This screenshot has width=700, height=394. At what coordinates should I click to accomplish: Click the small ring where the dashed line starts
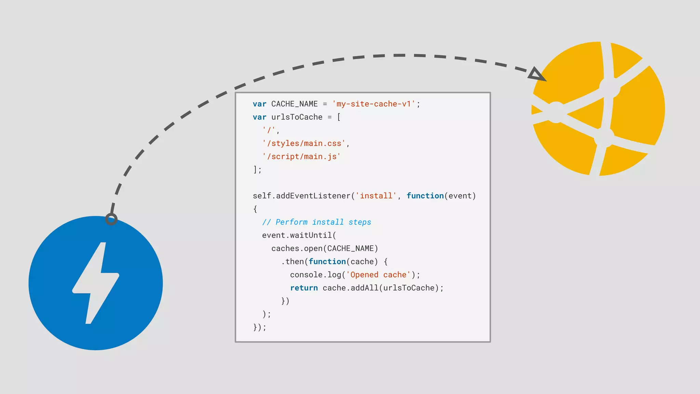[111, 219]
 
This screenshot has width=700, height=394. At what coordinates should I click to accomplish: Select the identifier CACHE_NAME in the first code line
[294, 104]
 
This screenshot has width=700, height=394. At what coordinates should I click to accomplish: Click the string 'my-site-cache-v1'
[374, 104]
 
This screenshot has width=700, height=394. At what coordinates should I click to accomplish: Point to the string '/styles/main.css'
[304, 143]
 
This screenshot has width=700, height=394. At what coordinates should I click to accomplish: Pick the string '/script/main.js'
[301, 157]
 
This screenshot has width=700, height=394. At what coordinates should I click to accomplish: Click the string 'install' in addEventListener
[376, 196]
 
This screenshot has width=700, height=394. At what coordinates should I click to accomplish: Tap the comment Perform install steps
[317, 222]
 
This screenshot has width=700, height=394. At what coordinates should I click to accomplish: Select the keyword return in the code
[304, 288]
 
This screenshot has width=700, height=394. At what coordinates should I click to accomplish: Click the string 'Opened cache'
[378, 275]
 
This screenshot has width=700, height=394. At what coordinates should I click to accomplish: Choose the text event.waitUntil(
[299, 235]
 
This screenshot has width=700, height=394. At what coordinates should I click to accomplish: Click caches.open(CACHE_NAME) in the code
[325, 249]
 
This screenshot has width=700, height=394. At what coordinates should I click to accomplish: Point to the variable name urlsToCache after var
[297, 117]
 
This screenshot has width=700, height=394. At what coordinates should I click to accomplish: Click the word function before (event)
[425, 196]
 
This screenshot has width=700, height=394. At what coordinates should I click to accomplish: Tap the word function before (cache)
[327, 262]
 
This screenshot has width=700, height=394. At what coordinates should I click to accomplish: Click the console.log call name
[315, 275]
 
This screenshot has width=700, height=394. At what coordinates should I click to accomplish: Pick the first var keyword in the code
[259, 104]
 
